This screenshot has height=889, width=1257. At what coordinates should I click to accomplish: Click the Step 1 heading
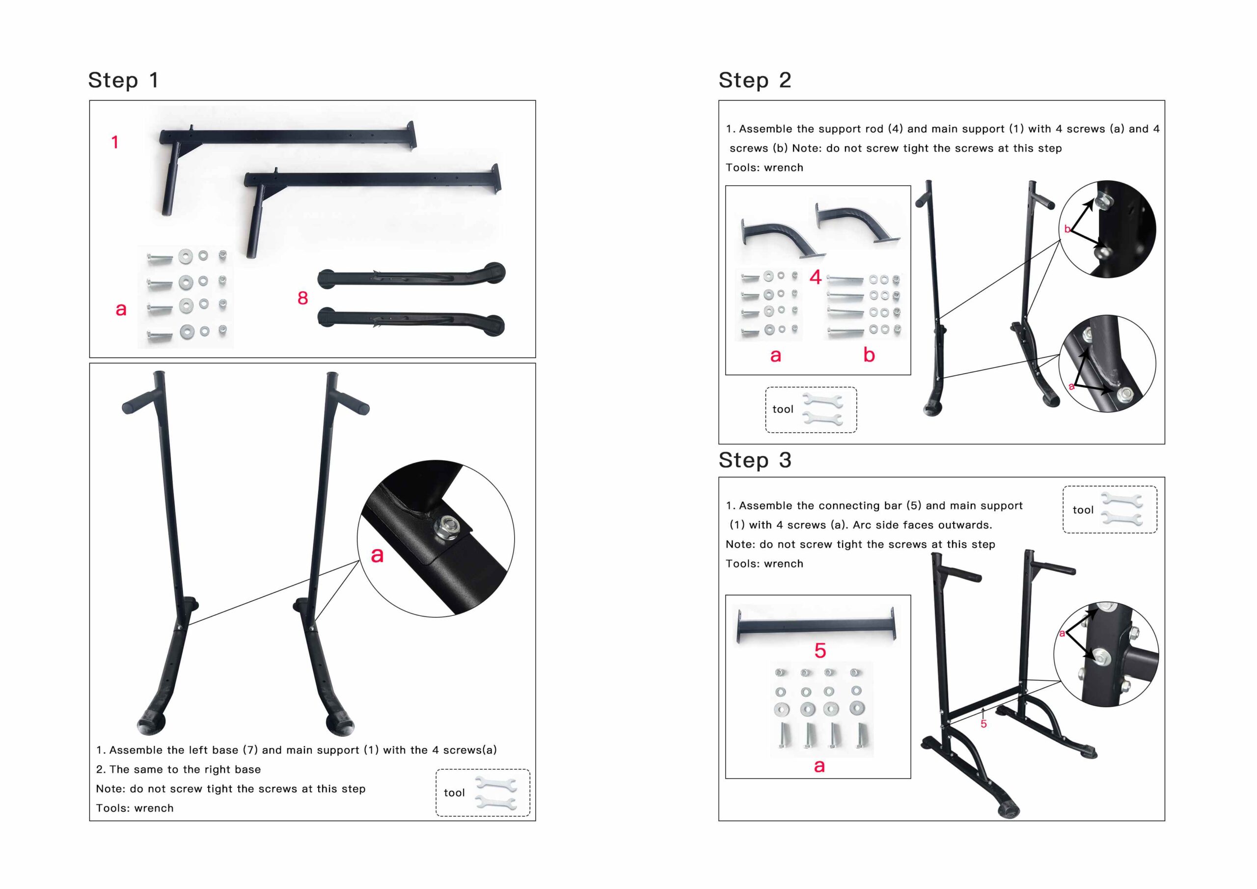124,81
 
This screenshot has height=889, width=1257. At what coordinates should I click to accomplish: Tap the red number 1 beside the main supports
115,142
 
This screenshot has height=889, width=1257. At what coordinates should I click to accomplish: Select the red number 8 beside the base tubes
303,298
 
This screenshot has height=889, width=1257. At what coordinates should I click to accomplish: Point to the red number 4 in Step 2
815,277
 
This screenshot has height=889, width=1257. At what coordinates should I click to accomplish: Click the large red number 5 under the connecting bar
820,651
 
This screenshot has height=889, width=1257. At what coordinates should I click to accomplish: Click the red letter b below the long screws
869,355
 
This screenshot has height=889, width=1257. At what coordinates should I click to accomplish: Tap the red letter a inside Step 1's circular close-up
377,556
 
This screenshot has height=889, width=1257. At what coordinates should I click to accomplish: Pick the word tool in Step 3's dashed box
1082,510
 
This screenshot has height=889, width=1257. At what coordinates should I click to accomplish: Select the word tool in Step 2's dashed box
782,409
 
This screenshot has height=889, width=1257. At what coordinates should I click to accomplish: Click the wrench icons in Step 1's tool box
495,793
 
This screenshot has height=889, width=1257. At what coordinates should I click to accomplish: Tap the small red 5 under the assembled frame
984,724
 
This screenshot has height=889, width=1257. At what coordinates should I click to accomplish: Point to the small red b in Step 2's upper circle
1066,229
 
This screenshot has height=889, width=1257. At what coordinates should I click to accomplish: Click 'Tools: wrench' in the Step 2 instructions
765,167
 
